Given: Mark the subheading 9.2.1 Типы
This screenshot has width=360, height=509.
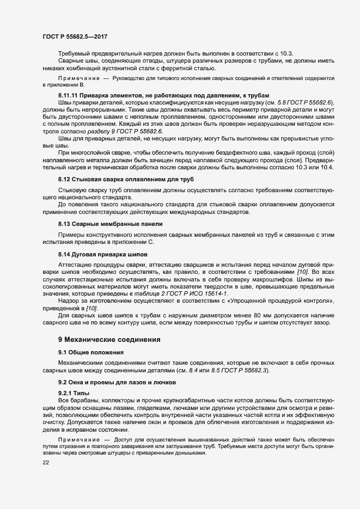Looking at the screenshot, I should [76, 393].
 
